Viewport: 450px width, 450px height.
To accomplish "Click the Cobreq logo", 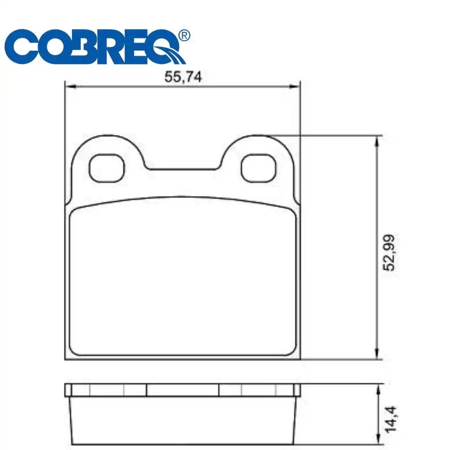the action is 97,46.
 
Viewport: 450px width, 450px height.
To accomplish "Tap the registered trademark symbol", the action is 184,36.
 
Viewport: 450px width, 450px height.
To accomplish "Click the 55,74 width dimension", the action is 183,76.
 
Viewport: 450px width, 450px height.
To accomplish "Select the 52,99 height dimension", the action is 389,253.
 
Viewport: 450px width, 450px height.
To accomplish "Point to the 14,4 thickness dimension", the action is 390,419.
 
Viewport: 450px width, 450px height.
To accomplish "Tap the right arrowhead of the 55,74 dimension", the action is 294,86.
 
